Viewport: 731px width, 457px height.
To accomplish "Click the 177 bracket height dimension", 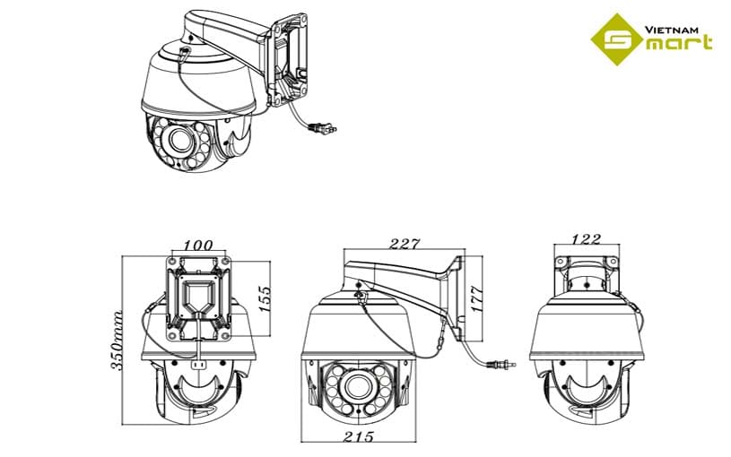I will point(477,298).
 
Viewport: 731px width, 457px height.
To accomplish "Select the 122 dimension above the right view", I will point(586,239).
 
